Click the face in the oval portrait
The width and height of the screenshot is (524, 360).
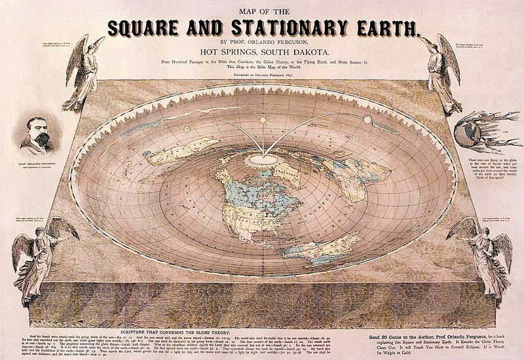[38, 134]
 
